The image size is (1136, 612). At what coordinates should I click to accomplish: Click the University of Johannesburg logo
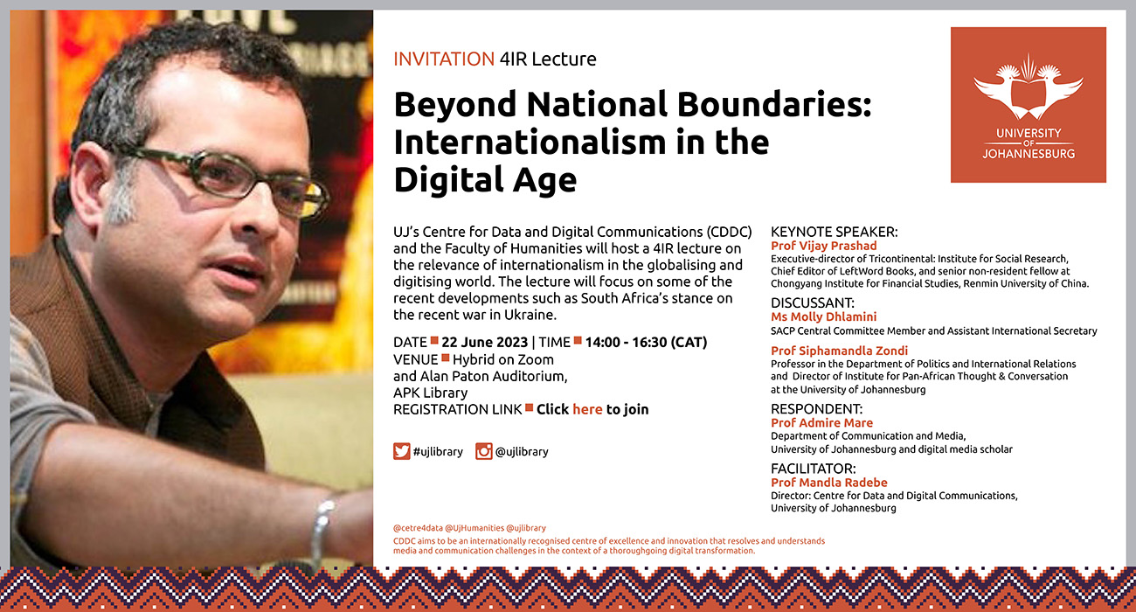coord(1028,105)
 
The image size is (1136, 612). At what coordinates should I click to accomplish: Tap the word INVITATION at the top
coord(444,59)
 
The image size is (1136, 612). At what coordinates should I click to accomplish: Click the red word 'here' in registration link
coord(587,409)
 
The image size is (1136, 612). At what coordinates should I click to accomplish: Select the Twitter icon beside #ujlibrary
coord(402,451)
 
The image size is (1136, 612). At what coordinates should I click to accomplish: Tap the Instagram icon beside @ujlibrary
coord(484,451)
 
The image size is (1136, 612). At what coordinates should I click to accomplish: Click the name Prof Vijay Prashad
coord(823,246)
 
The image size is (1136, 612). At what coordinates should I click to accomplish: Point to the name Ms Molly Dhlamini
coord(823,316)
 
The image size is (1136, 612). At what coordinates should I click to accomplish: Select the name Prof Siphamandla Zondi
coord(839,351)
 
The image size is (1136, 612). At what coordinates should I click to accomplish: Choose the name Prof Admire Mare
coord(821,422)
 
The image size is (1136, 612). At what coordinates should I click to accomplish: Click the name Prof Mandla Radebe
coord(829,483)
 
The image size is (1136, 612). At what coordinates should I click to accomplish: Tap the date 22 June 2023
coord(484,343)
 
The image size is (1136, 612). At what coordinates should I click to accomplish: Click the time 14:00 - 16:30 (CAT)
coord(646,343)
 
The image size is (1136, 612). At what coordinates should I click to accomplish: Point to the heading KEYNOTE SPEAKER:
coord(835,232)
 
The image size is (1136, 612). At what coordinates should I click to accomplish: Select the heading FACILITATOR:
coord(813,469)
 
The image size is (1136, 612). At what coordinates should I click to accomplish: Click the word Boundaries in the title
coord(774,105)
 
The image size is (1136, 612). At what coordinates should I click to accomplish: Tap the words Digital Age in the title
coord(485,179)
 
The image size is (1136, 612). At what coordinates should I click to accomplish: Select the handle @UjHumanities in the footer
coord(474,528)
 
